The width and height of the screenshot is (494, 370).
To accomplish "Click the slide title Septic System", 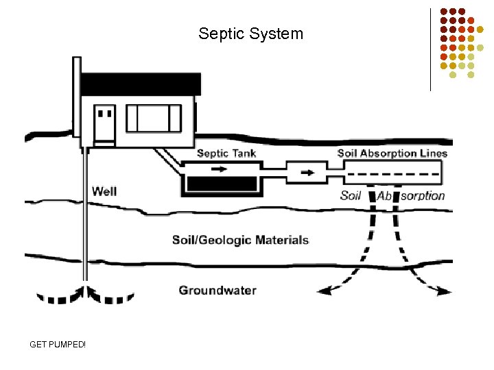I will tap(250, 33).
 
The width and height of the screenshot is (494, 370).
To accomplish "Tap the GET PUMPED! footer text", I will tap(58, 343).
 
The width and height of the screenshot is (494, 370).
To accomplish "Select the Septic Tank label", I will tap(226, 153).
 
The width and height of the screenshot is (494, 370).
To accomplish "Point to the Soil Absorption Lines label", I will tap(392, 153).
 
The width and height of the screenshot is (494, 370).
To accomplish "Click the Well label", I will tap(104, 191).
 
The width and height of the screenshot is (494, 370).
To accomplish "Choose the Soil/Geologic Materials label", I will tap(240, 240).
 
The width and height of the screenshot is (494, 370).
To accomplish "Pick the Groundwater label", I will tap(217, 290).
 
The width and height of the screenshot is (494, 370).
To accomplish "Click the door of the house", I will tap(105, 123).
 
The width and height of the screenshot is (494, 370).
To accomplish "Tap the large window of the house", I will tap(154, 118).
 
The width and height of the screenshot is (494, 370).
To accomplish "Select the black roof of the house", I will tap(141, 84).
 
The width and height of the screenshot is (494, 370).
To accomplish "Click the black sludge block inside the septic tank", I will tap(221, 185).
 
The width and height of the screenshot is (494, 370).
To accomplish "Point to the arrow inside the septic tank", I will tap(220, 168).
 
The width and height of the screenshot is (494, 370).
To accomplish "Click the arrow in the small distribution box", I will tap(306, 172).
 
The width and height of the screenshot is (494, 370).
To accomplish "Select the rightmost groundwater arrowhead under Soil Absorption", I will tap(447, 291).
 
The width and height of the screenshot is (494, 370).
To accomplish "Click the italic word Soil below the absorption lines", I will tap(351, 196).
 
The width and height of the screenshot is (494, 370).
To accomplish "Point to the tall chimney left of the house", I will tap(75, 103).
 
